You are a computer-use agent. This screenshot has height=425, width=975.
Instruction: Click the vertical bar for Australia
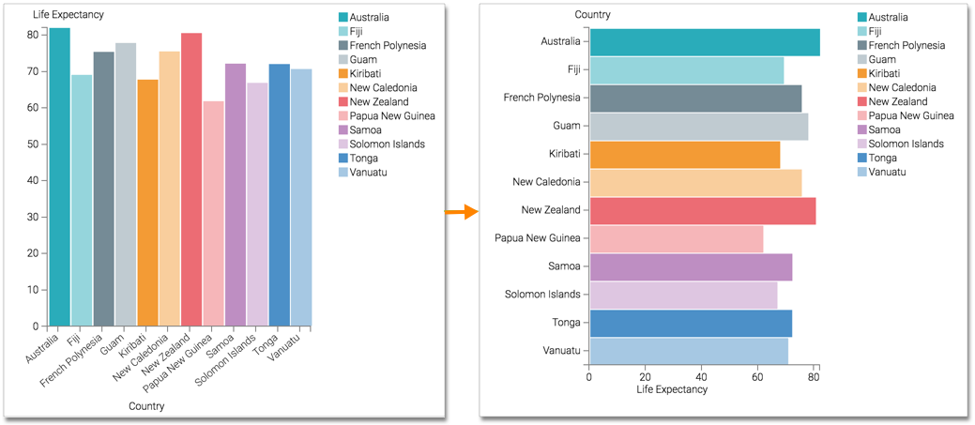(59, 178)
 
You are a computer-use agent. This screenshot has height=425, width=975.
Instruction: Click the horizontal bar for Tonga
(690, 323)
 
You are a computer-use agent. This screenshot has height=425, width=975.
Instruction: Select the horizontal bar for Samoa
(690, 266)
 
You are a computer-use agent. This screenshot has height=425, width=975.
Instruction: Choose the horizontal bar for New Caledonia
(694, 182)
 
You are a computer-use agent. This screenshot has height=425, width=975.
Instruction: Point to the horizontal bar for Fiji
(686, 69)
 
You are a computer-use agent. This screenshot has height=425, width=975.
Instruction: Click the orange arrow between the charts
(462, 212)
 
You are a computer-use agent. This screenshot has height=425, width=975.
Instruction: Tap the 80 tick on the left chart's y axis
(32, 35)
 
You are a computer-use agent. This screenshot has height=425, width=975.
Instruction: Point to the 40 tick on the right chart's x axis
(702, 377)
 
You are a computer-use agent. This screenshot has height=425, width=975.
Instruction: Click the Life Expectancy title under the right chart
(672, 389)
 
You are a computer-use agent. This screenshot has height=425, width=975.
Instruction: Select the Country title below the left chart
(145, 406)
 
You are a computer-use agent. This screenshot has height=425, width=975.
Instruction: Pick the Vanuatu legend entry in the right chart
(888, 173)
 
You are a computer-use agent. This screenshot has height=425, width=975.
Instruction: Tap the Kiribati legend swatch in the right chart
(862, 74)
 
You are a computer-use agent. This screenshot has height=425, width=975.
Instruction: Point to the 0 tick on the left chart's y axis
(35, 326)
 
